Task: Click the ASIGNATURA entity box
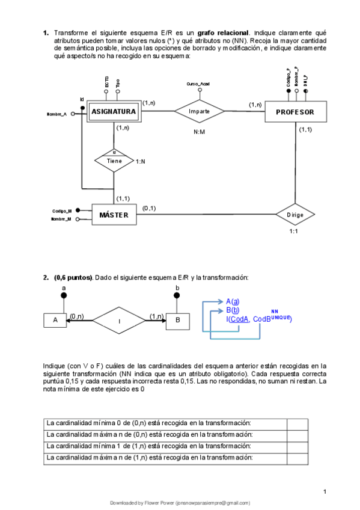[x=114, y=111]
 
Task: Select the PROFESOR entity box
[x=294, y=112]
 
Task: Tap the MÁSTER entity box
[x=114, y=215]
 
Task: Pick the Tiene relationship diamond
[x=114, y=161]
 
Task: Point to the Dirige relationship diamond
[x=294, y=214]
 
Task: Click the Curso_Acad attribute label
[x=198, y=84]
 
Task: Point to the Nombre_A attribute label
[x=56, y=113]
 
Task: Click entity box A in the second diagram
[x=55, y=320]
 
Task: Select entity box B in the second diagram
[x=177, y=320]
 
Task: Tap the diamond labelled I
[x=119, y=321]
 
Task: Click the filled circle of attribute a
[x=64, y=296]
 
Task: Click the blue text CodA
[x=239, y=319]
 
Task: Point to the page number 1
[x=325, y=493]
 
